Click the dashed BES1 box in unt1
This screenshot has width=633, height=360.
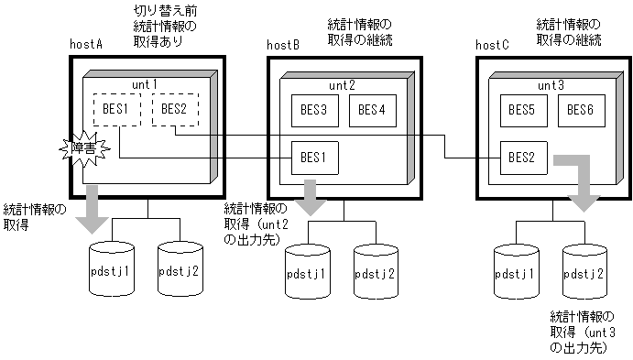click(115, 111)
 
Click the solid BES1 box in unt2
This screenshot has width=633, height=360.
click(314, 158)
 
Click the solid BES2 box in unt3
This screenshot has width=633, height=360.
click(523, 158)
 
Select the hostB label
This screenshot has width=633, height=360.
click(283, 44)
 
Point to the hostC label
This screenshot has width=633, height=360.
click(493, 44)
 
